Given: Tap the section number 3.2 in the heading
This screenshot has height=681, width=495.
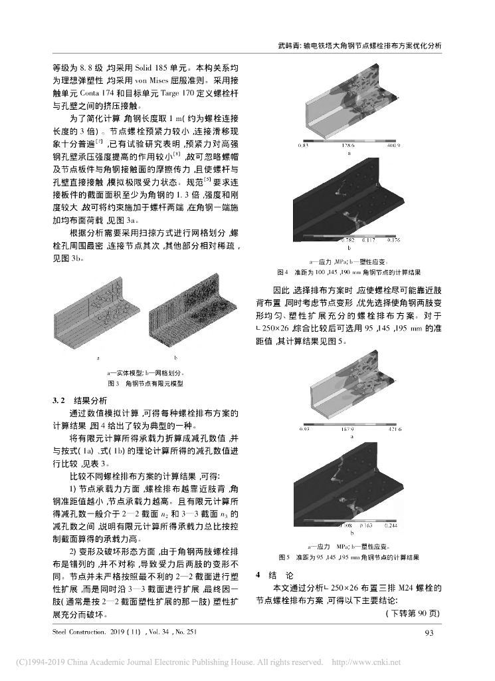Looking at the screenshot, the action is (x=60, y=400).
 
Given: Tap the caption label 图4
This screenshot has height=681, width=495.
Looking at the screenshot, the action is (x=282, y=272).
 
